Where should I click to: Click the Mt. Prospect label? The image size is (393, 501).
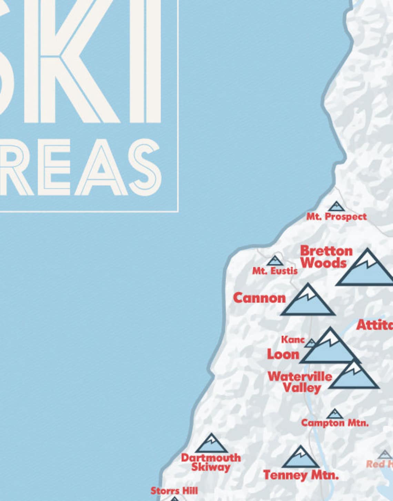pyautogui.click(x=336, y=217)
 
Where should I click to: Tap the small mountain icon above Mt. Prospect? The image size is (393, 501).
pyautogui.click(x=336, y=207)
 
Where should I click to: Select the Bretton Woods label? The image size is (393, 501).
pyautogui.click(x=326, y=257)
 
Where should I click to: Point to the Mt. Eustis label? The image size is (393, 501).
pyautogui.click(x=275, y=271)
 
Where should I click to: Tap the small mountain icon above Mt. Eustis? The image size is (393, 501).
pyautogui.click(x=275, y=261)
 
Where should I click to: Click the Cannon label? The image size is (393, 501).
pyautogui.click(x=259, y=298)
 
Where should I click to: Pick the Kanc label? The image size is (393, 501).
pyautogui.click(x=293, y=340)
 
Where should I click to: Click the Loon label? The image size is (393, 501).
pyautogui.click(x=283, y=354)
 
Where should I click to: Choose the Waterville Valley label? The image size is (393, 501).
pyautogui.click(x=300, y=382)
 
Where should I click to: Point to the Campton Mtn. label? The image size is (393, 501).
pyautogui.click(x=334, y=423)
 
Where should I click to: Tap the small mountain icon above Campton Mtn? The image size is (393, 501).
pyautogui.click(x=334, y=414)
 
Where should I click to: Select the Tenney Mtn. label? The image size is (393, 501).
pyautogui.click(x=301, y=475)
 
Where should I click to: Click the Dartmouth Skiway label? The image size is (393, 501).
pyautogui.click(x=211, y=462)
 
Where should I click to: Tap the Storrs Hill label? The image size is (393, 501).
pyautogui.click(x=174, y=491)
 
